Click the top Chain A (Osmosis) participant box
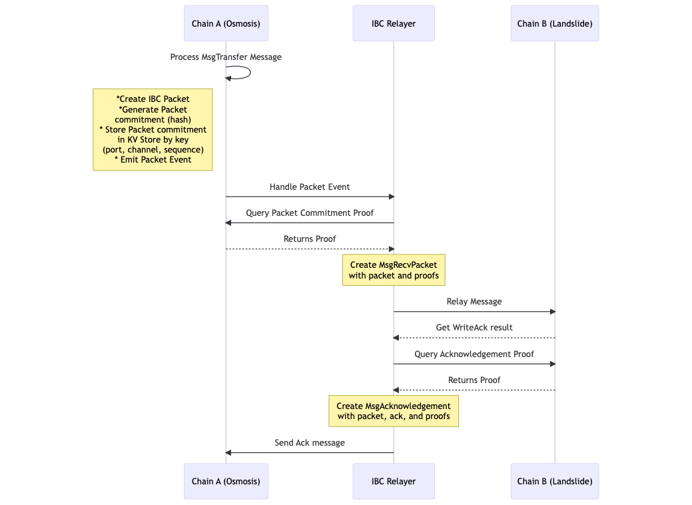click(226, 23)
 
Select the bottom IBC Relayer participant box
click(394, 481)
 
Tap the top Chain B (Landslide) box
click(555, 23)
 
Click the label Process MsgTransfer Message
click(226, 57)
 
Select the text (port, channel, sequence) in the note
click(153, 150)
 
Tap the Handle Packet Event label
click(310, 187)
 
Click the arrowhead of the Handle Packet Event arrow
click(392, 197)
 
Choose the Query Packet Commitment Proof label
click(310, 213)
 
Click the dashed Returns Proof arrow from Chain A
click(310, 249)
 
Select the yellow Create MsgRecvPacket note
click(394, 270)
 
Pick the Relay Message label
click(474, 302)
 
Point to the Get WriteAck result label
click(474, 328)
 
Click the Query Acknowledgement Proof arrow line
click(474, 364)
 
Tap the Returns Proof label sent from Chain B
click(474, 380)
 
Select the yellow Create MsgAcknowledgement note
click(394, 411)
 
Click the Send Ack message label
click(310, 443)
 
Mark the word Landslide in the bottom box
click(570, 481)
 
